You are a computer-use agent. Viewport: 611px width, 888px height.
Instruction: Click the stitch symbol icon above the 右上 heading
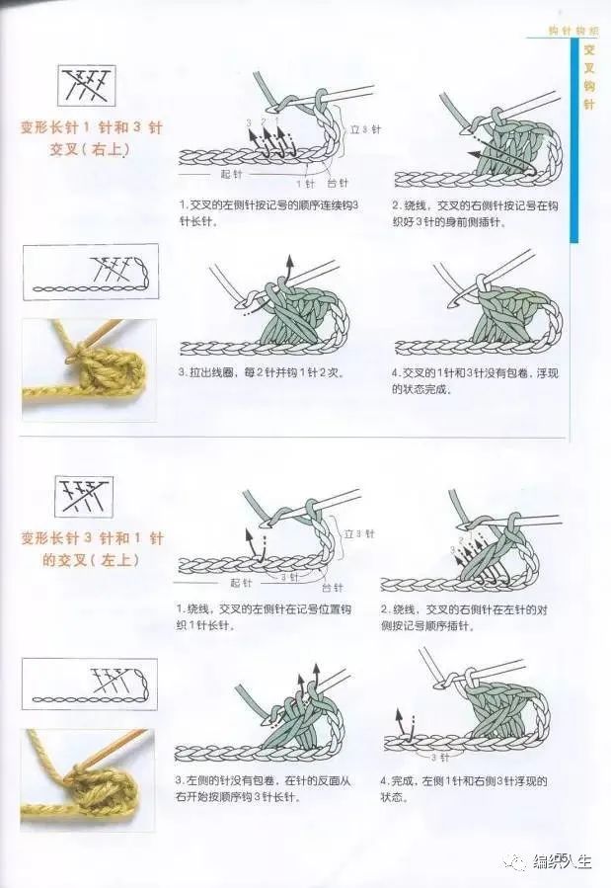tap(86, 87)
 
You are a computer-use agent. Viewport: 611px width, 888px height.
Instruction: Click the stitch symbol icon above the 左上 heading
tap(84, 497)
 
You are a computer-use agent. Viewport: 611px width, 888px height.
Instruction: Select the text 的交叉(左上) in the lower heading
tap(83, 559)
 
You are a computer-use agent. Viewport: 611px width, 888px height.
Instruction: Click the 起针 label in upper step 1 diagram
tap(231, 173)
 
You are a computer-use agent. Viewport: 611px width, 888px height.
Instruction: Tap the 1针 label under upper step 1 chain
tap(306, 184)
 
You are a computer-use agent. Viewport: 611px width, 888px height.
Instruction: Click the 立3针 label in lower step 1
tap(358, 533)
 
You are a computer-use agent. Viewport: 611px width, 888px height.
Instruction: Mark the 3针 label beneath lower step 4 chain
tap(438, 758)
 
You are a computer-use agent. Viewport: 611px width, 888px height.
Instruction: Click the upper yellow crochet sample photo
tap(89, 368)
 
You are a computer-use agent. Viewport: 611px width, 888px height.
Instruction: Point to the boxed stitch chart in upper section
tap(89, 274)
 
